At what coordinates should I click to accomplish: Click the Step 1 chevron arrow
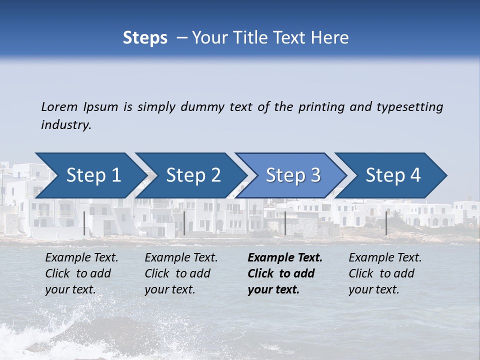point(90,175)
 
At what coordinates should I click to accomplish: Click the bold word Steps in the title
point(145,38)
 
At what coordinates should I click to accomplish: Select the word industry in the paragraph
point(65,125)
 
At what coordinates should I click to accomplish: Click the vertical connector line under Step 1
point(84,223)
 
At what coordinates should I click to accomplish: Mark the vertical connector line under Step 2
point(184,223)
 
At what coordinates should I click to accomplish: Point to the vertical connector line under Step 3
point(285,223)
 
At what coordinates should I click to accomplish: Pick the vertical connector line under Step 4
point(386,223)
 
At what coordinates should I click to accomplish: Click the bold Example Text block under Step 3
point(284,273)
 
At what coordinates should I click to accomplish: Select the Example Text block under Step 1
point(81,273)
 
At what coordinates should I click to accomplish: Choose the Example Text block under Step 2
point(181,273)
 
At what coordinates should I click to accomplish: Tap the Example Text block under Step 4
point(384,273)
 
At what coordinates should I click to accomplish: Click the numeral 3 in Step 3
point(315,175)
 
